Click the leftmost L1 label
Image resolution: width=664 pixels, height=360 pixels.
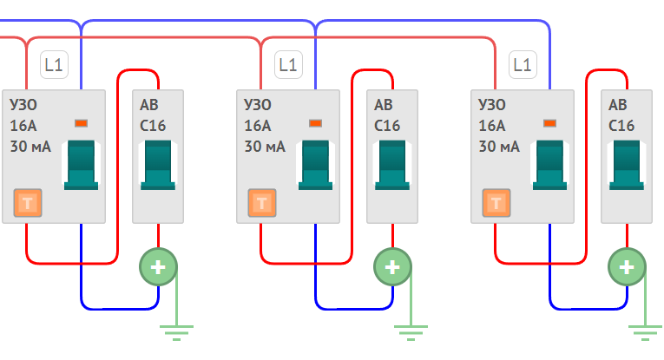click(x=54, y=65)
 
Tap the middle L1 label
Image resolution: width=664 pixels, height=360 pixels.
click(x=288, y=65)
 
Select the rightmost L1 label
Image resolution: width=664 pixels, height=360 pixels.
click(x=523, y=65)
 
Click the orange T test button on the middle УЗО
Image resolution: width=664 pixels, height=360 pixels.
click(x=262, y=203)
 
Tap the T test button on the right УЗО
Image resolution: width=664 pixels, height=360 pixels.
click(x=496, y=203)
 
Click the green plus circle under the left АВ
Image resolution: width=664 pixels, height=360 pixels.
click(x=158, y=267)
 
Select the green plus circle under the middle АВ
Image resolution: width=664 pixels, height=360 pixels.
click(x=392, y=267)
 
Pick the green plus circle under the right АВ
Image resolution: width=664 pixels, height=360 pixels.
click(x=627, y=267)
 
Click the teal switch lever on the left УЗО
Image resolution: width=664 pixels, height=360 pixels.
click(x=81, y=165)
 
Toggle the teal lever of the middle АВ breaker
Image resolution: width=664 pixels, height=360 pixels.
click(x=392, y=165)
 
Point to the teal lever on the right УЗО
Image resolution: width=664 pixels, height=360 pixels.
click(x=549, y=165)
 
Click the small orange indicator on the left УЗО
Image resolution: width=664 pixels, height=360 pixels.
click(x=81, y=123)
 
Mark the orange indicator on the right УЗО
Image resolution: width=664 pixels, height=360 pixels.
click(x=549, y=123)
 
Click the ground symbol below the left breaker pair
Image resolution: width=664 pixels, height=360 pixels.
click(x=176, y=332)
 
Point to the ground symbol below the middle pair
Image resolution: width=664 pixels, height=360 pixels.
click(x=411, y=332)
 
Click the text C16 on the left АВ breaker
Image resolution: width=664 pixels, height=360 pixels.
click(x=153, y=126)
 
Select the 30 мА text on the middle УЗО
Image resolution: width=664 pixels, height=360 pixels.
click(x=265, y=147)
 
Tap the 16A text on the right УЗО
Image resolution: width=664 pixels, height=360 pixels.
click(x=492, y=126)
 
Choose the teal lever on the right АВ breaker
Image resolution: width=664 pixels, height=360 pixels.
click(x=627, y=165)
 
